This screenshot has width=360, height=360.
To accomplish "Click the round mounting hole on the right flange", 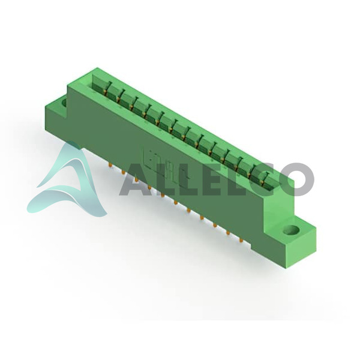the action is (291, 230).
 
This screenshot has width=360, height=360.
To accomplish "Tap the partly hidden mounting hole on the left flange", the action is (64, 102).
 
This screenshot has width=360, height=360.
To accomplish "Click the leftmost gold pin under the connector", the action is (110, 166).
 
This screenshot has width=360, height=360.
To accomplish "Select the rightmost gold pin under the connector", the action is (241, 240).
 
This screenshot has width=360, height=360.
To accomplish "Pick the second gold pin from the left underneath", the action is (123, 173).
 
